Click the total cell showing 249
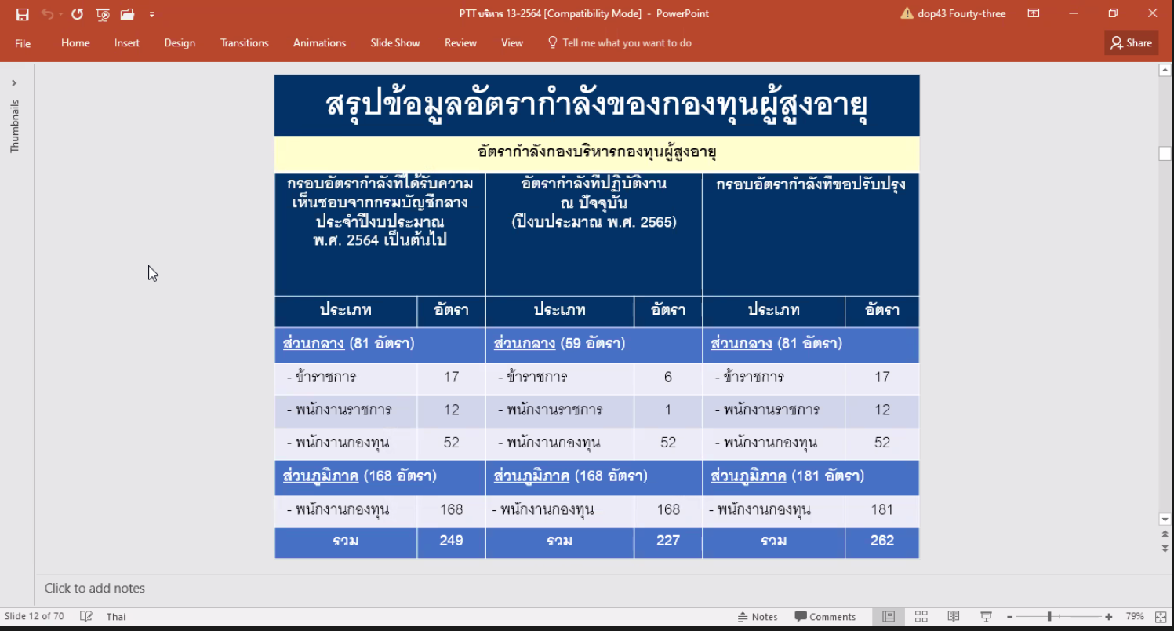click(451, 542)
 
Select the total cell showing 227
click(667, 542)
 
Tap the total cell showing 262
click(882, 542)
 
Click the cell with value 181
click(882, 510)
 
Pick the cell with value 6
click(667, 378)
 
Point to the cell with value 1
click(667, 410)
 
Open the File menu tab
click(23, 43)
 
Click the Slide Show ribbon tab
click(395, 43)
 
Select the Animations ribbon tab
click(320, 43)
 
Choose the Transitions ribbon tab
click(244, 43)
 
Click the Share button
click(1132, 43)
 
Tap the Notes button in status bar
click(758, 617)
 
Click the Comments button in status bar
click(825, 617)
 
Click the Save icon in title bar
click(23, 14)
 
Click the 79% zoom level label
click(1135, 616)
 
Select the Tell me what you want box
click(620, 43)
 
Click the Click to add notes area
click(94, 589)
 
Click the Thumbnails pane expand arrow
click(14, 83)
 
